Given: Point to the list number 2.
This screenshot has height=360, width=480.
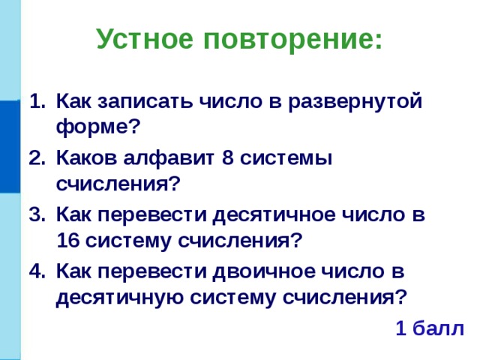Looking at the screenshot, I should pos(35,159).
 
